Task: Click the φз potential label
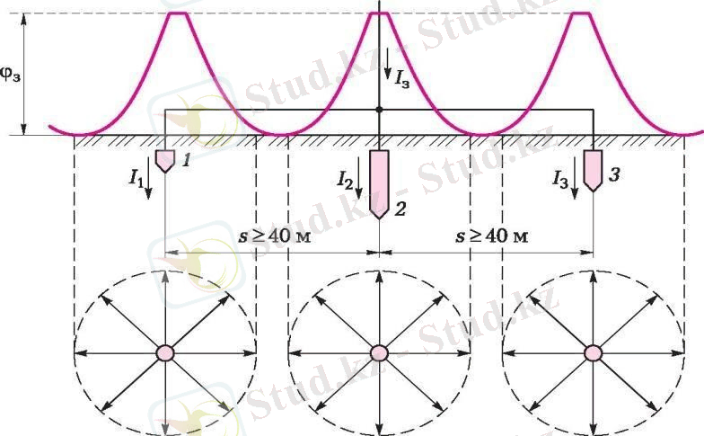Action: point(10,76)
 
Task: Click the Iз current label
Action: point(402,79)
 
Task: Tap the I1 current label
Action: point(136,179)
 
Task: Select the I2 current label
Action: point(345,180)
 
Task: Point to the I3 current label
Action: point(560,180)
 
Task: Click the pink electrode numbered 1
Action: point(165,161)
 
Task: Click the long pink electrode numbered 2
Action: point(379,184)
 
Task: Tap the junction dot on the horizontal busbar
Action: point(379,110)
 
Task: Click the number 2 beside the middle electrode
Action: point(400,209)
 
